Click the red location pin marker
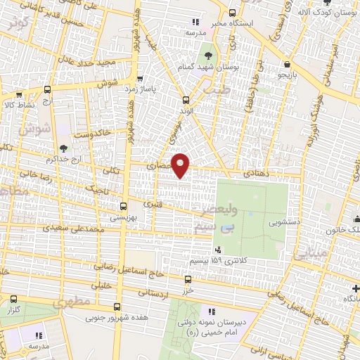click(x=181, y=165)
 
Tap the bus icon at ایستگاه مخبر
click(x=233, y=13)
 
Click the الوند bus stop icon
click(x=186, y=100)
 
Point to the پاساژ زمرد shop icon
click(x=141, y=79)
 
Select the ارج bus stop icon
click(x=47, y=89)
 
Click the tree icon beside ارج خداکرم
click(x=64, y=148)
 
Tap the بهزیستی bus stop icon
click(x=123, y=206)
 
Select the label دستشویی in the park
click(x=284, y=222)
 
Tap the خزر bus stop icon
click(x=186, y=279)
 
